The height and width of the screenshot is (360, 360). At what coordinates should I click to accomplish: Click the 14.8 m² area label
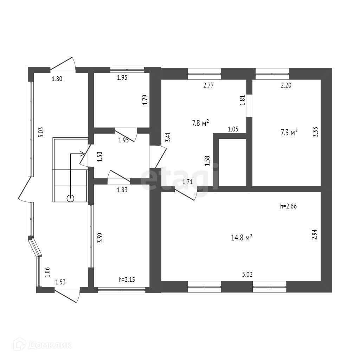242,238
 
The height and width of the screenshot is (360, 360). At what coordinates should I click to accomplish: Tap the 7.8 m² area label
201,123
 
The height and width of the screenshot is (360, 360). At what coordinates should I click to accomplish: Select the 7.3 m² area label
289,133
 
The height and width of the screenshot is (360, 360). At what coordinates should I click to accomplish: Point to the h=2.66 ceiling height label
289,207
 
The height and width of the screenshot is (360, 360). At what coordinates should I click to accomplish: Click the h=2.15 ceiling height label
127,280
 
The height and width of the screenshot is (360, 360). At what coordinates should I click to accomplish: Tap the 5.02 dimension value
247,275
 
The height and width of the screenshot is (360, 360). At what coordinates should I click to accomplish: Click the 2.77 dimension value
209,85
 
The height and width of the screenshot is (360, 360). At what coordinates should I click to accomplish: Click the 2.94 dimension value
315,234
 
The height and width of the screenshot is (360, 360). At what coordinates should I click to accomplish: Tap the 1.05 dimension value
233,129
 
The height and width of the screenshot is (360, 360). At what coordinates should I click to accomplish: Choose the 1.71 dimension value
187,182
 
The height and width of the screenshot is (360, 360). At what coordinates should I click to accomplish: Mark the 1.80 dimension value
57,79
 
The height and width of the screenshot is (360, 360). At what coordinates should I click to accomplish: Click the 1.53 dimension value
60,282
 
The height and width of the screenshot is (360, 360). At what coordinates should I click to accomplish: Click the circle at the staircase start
71,198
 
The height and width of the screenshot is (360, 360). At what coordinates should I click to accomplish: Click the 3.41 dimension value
168,137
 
